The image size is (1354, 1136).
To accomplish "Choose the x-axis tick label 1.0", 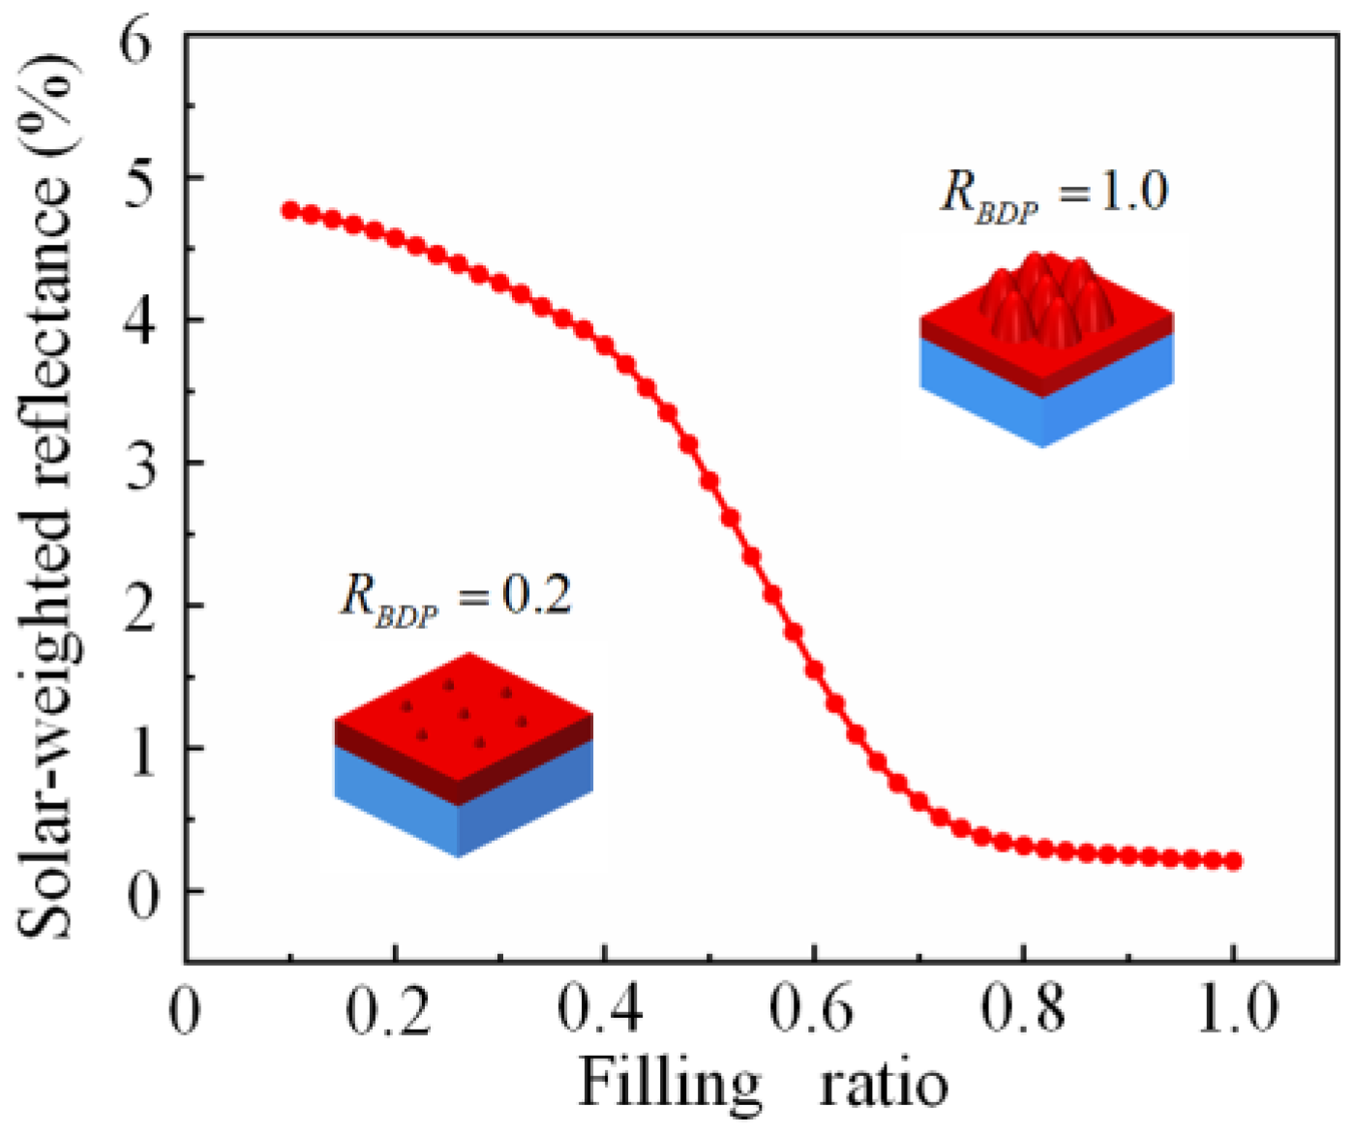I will [1231, 1009].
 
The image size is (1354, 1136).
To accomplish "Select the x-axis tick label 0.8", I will [1022, 1009].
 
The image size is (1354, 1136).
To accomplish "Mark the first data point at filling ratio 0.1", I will [290, 210].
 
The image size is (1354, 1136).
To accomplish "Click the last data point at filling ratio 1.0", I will [1233, 861].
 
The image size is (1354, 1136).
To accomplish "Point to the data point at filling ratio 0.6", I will [814, 670].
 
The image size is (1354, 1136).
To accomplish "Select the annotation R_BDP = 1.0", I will [1055, 193].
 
